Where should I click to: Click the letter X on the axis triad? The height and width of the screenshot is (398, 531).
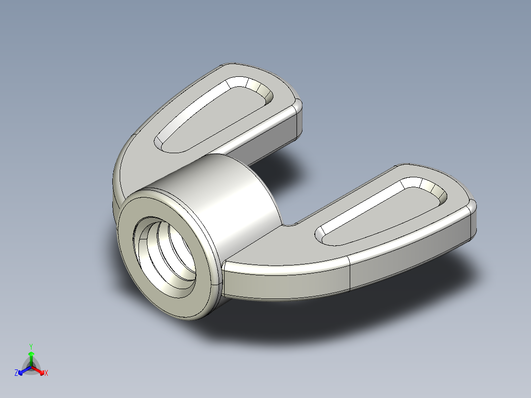[46, 373]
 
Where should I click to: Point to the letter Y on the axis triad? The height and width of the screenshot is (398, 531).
[31, 346]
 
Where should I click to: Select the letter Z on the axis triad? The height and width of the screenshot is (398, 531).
[16, 373]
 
